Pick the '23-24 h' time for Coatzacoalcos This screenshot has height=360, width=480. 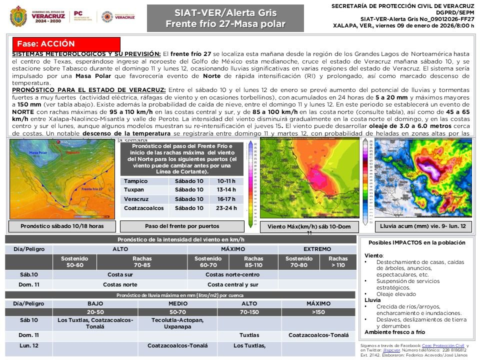[227, 208]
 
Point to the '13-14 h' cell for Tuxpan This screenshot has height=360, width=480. [227, 190]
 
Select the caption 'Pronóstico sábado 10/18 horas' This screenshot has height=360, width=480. [62, 226]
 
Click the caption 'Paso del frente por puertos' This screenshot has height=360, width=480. [182, 226]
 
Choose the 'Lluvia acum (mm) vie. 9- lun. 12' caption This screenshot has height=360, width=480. [423, 226]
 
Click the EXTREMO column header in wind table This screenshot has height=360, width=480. [317, 249]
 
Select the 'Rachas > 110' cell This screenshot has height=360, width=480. [338, 261]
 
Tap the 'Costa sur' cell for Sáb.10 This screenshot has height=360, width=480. [120, 274]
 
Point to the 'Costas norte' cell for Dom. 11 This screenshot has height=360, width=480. [120, 284]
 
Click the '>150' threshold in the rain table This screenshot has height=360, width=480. [318, 311]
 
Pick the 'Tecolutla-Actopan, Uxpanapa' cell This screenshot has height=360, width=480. [177, 323]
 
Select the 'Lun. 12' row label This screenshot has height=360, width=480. [28, 345]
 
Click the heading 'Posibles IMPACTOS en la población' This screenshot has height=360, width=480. [416, 242]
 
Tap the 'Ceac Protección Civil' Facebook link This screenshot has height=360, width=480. [443, 345]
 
